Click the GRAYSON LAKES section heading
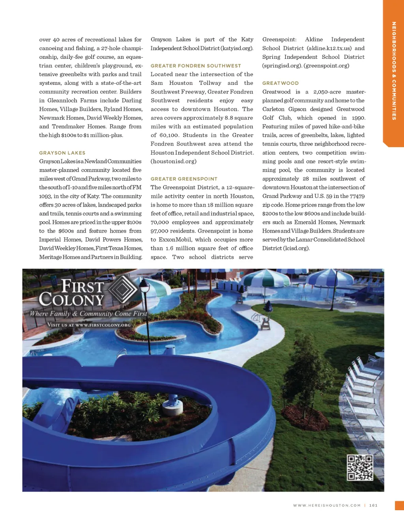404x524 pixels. (62, 153)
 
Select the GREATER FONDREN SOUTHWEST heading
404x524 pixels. (196, 66)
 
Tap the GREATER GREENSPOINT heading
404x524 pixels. (184, 179)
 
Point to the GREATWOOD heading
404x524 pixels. (281, 83)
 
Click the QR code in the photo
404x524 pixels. (360, 468)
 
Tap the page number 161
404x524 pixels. (373, 505)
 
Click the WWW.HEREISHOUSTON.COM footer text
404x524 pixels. (327, 505)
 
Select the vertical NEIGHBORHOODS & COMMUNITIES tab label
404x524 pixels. (394, 71)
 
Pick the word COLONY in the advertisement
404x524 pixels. (71, 300)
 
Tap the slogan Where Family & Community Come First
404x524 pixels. (88, 314)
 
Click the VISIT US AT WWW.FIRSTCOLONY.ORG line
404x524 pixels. (89, 325)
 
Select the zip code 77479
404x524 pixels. (357, 196)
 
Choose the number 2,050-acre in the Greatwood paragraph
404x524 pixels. (327, 92)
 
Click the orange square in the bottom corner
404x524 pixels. (399, 505)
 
